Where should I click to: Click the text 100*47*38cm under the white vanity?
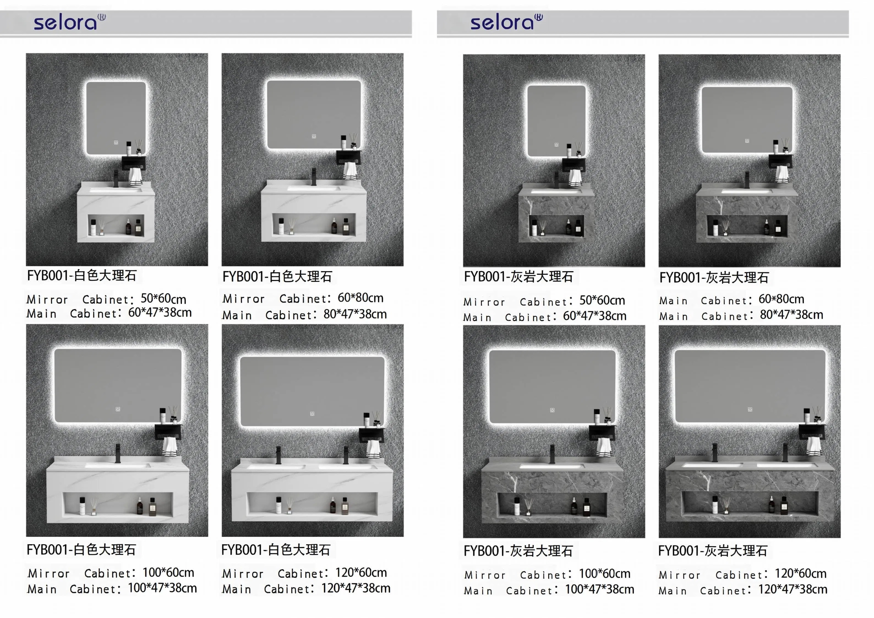pyautogui.click(x=163, y=588)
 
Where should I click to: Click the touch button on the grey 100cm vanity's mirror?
pyautogui.click(x=552, y=410)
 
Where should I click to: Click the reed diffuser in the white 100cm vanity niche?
pyautogui.click(x=94, y=507)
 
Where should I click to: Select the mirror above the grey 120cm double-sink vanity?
pyautogui.click(x=750, y=386)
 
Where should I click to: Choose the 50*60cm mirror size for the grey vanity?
pyautogui.click(x=602, y=300)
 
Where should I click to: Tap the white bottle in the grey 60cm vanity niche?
pyautogui.click(x=534, y=228)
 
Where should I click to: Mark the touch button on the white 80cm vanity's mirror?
pyautogui.click(x=314, y=136)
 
